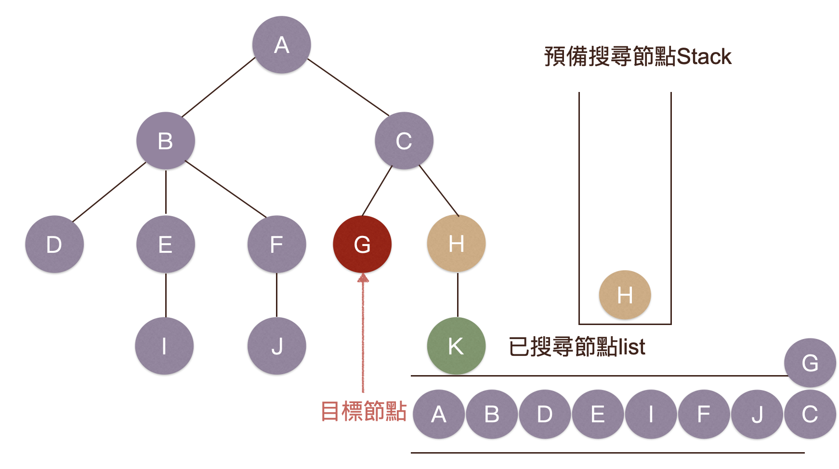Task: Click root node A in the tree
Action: (x=281, y=45)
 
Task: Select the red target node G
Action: (x=362, y=244)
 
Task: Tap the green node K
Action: (x=456, y=346)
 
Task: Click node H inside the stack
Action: (x=625, y=295)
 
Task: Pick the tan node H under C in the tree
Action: (x=456, y=244)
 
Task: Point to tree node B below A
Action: (x=165, y=141)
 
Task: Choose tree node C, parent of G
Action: (x=404, y=141)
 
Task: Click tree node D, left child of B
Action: (x=54, y=244)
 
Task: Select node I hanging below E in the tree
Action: (x=164, y=346)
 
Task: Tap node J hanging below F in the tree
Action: (x=276, y=346)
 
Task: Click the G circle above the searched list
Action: (x=810, y=363)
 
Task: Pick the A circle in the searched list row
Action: (x=438, y=414)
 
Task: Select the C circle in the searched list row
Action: (x=810, y=414)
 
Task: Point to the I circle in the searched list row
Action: (x=651, y=414)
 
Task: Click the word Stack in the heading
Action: (x=704, y=57)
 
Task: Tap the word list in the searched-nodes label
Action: (x=632, y=347)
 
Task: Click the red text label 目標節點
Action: (x=364, y=412)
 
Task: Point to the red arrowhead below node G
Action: (x=363, y=278)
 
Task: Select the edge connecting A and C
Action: (x=348, y=87)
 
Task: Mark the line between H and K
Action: (x=458, y=295)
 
